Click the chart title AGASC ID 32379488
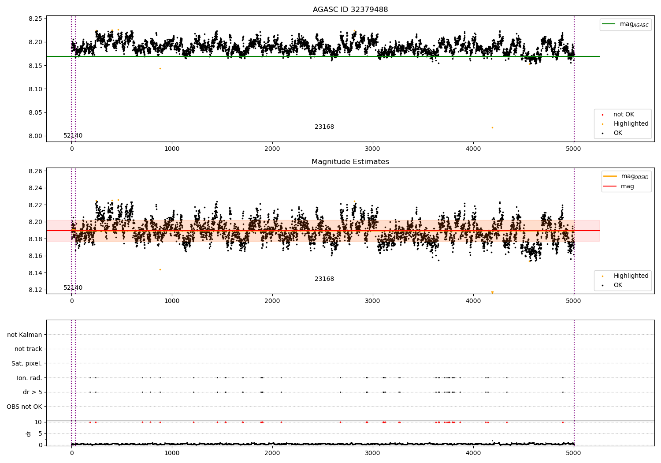[350, 10]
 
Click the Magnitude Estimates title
[350, 162]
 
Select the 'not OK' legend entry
[623, 115]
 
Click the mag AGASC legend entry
[634, 24]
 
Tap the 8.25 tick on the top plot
[35, 19]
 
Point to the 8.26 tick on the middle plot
[35, 171]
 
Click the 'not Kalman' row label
[25, 335]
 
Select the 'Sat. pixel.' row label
[27, 364]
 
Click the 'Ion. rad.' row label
[30, 378]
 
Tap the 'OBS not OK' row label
[25, 407]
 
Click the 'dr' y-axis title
[29, 433]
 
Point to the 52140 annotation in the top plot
[73, 136]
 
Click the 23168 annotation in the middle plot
[324, 279]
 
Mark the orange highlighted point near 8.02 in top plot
[492, 128]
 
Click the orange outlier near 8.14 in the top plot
[160, 68]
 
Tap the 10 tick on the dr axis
[38, 422]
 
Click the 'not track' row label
[28, 349]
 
